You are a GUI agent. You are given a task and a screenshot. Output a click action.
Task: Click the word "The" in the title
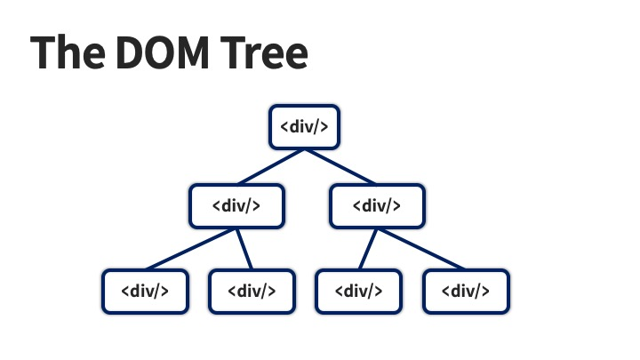click(68, 52)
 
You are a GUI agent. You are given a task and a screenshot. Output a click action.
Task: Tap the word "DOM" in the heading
click(163, 52)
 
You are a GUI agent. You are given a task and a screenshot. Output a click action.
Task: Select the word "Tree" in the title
click(264, 52)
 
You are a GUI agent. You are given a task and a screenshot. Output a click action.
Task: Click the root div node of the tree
click(305, 127)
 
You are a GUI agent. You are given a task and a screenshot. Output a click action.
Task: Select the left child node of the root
click(236, 206)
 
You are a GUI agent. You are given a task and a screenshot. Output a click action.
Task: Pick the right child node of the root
click(378, 206)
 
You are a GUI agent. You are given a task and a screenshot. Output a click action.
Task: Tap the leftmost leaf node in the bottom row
click(145, 292)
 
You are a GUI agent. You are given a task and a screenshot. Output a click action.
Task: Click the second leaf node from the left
click(252, 292)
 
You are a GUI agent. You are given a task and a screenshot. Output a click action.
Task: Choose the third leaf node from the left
click(359, 292)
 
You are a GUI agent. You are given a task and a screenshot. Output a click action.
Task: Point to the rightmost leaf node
click(466, 292)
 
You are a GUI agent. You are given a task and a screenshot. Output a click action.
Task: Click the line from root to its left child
click(271, 167)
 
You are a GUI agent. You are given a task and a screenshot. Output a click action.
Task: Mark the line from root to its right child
click(340, 167)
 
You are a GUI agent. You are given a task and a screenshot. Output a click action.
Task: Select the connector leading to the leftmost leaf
click(190, 249)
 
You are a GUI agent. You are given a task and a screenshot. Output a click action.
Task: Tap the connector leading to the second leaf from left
click(244, 249)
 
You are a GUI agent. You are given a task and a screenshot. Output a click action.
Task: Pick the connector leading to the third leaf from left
click(368, 249)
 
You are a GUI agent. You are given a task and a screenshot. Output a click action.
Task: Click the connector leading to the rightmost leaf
click(421, 249)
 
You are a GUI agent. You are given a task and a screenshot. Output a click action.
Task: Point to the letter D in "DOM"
click(131, 52)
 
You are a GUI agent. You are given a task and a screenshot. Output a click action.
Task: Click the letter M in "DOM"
click(194, 52)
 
